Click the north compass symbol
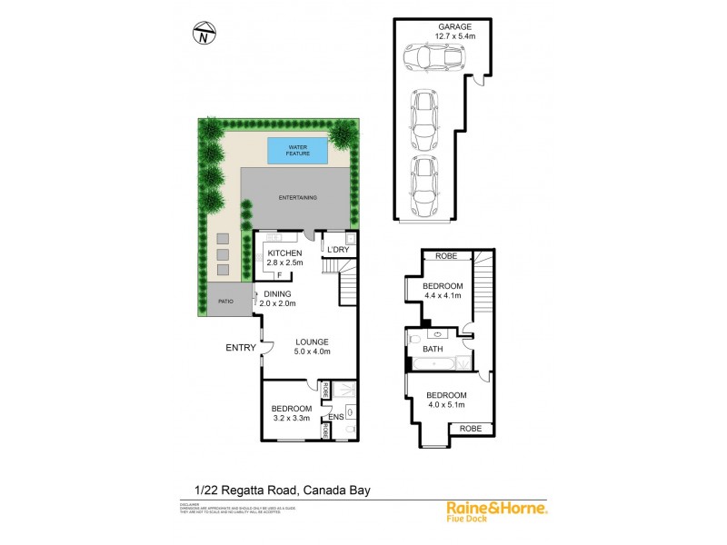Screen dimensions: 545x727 click(x=204, y=35)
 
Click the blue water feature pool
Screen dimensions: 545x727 click(x=297, y=151)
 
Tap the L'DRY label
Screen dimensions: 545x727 click(x=338, y=250)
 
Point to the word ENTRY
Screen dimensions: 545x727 click(x=240, y=347)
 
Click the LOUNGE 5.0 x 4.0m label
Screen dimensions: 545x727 click(x=311, y=346)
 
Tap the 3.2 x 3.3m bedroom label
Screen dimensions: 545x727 click(x=292, y=413)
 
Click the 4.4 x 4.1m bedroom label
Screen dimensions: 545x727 click(x=443, y=291)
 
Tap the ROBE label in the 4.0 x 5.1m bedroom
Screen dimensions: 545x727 click(x=470, y=427)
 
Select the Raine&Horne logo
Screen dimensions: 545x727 click(x=496, y=511)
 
